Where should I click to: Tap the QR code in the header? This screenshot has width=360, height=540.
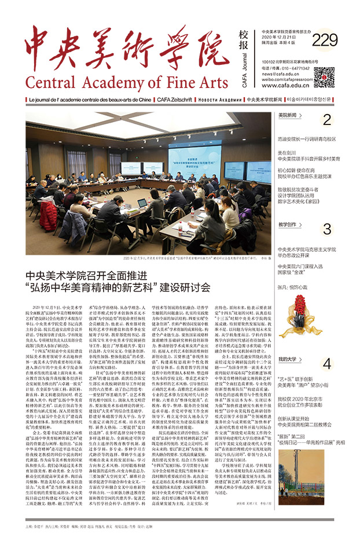pos(324,76)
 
